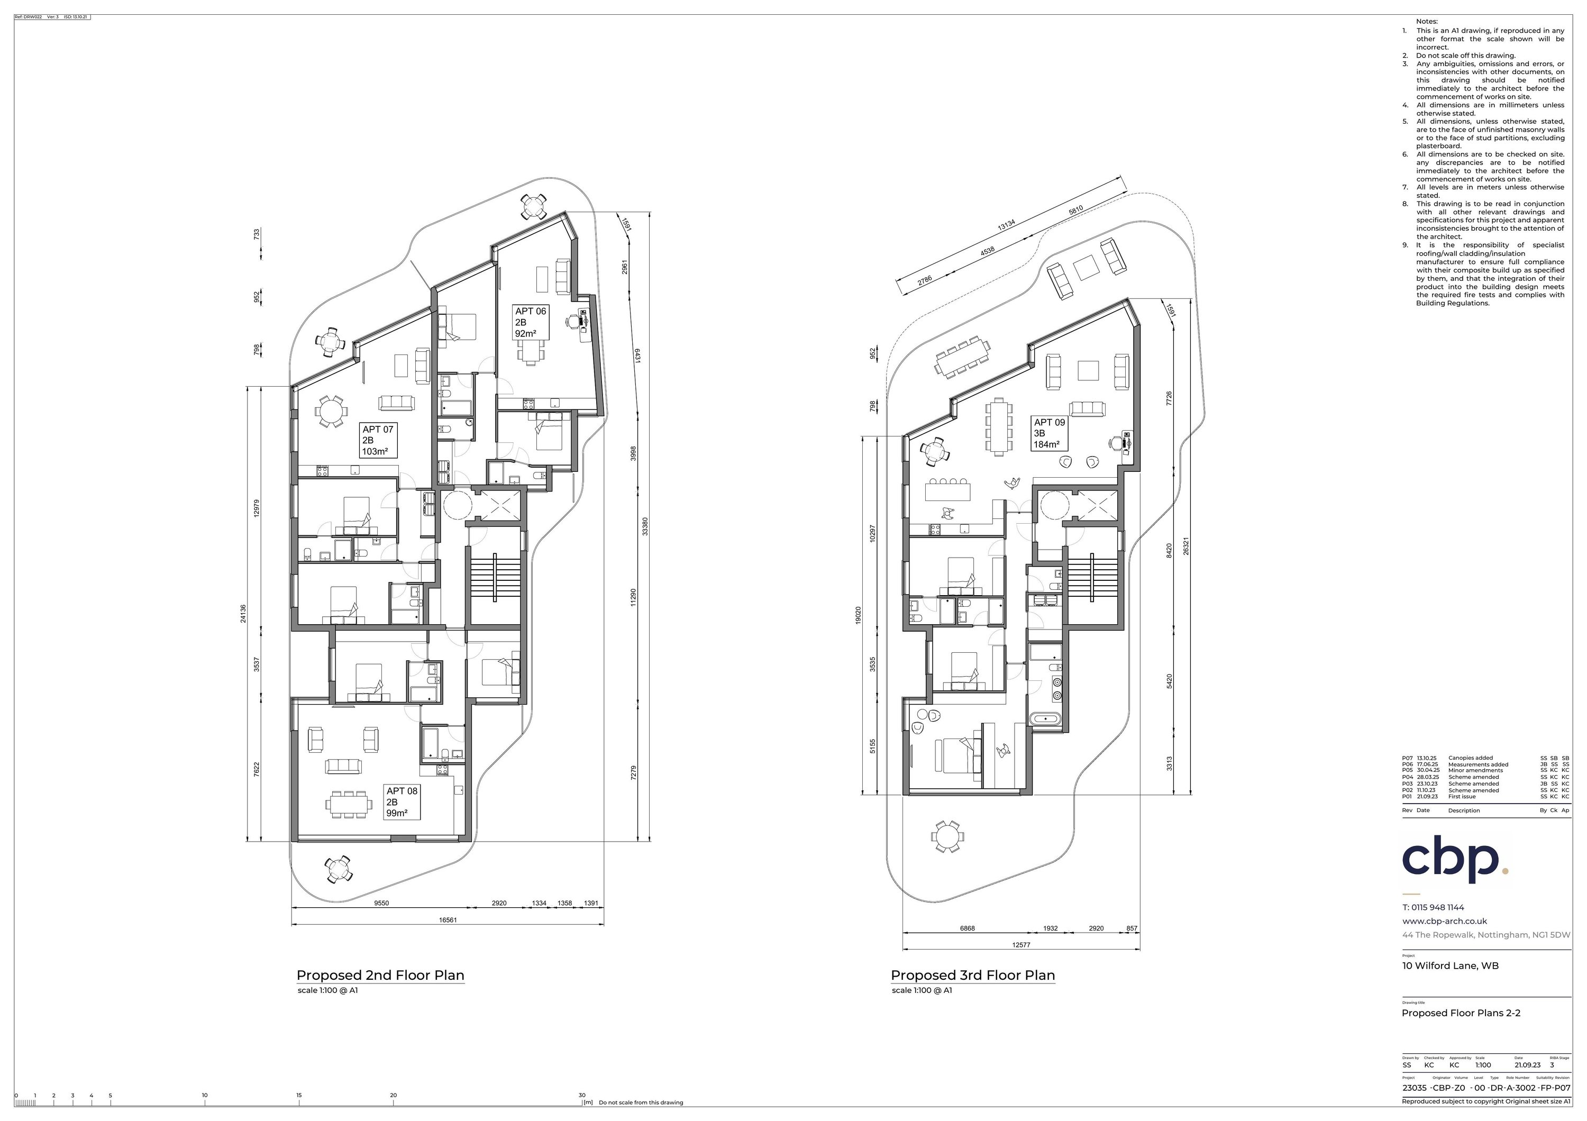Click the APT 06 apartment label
[x=530, y=322]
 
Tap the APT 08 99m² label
[x=402, y=801]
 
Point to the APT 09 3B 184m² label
[x=1049, y=433]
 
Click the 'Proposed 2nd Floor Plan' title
[x=380, y=975]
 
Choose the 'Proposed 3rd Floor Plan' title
[x=972, y=975]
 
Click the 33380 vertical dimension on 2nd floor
[x=645, y=526]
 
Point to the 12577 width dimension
[x=1021, y=945]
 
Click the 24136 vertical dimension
[x=243, y=613]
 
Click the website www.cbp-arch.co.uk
[x=1444, y=921]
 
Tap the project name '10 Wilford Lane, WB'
[x=1450, y=965]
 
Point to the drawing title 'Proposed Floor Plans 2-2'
[x=1461, y=1013]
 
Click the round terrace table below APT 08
[x=338, y=869]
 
